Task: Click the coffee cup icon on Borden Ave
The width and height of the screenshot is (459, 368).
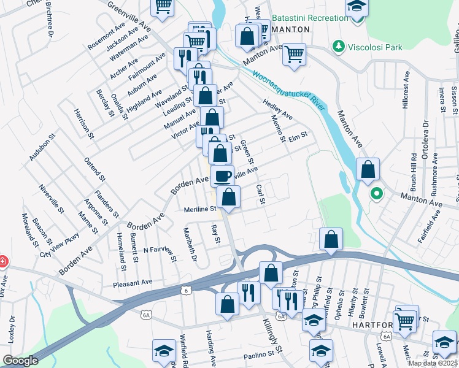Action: click(x=222, y=176)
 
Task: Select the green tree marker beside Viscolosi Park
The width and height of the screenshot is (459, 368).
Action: click(x=337, y=46)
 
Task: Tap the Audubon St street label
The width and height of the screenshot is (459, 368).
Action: click(x=42, y=148)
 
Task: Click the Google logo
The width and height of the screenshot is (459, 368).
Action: click(x=20, y=361)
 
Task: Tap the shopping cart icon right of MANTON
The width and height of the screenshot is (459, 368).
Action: click(x=294, y=54)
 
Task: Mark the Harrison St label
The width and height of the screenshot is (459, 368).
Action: click(x=83, y=123)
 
